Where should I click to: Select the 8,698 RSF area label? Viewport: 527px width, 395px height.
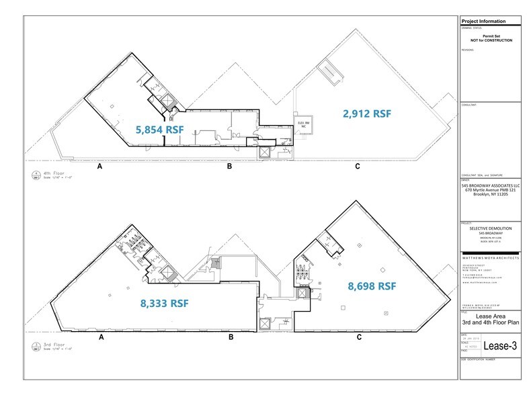click(x=372, y=286)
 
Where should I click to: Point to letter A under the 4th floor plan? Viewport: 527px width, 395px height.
click(x=99, y=165)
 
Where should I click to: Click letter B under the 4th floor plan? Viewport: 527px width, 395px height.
click(x=229, y=165)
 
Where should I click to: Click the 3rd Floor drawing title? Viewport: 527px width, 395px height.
click(x=52, y=347)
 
